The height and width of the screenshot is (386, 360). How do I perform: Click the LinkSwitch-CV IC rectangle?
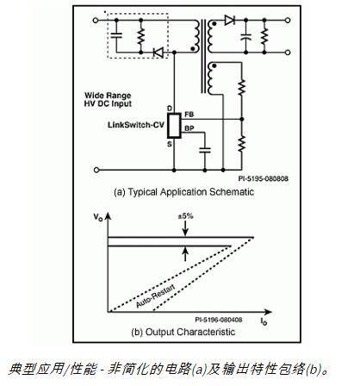coord(174,125)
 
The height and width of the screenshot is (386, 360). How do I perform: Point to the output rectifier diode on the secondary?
coord(227,19)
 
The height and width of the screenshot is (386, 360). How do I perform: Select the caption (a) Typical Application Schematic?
coord(178,192)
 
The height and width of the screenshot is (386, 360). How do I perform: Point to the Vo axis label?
coord(96,220)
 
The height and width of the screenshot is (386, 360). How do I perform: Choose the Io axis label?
coord(262,320)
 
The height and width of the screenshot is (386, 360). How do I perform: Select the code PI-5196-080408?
coord(220,319)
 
